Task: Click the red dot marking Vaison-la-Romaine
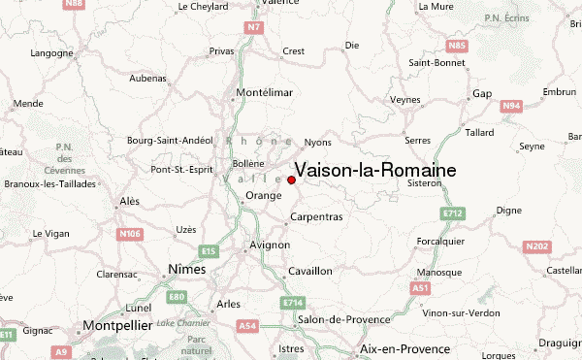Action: (291, 180)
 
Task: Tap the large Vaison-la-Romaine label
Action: (374, 170)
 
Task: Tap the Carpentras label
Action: (317, 216)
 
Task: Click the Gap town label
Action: (482, 94)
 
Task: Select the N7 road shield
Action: (254, 26)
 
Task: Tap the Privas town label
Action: (222, 50)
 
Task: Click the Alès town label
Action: (129, 201)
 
